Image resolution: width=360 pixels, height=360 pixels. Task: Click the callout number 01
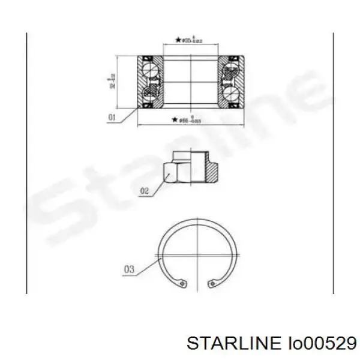111,118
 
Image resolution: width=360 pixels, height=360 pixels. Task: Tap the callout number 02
143,191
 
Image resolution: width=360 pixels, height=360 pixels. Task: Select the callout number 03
128,269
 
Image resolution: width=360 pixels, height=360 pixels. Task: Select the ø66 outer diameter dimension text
190,120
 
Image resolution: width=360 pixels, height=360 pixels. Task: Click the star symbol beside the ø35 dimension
178,40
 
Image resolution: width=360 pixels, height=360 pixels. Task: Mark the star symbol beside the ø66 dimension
174,120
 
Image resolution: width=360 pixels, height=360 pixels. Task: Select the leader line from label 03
149,263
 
